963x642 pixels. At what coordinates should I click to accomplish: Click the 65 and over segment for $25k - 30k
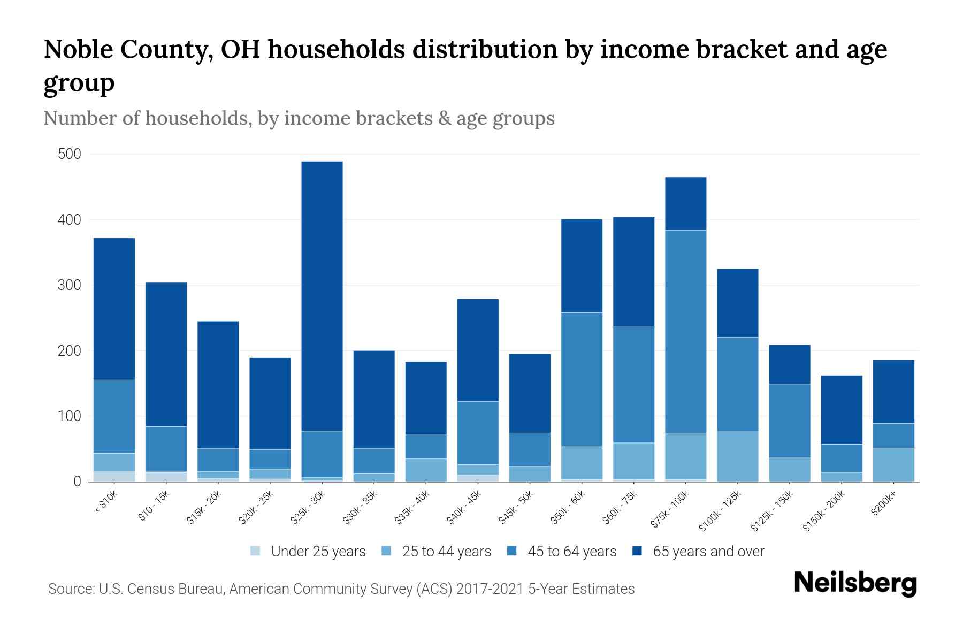coord(322,296)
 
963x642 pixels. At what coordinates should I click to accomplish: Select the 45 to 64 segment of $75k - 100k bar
coord(686,331)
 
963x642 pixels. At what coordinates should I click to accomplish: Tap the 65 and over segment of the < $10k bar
coord(114,309)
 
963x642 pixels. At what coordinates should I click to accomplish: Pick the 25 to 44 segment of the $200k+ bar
coord(893,464)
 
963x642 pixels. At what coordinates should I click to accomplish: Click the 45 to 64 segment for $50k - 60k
coord(582,379)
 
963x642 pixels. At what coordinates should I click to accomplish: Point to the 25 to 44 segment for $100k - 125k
coord(738,456)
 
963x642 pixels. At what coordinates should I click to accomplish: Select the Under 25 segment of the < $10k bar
coord(114,476)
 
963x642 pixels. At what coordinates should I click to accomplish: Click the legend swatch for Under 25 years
coord(256,551)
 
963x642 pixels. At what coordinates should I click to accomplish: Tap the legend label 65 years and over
coord(708,551)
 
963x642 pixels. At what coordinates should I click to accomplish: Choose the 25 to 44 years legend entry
coord(446,551)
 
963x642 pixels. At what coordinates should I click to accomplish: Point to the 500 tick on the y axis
coord(69,154)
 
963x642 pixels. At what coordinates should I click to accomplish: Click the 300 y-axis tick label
coord(69,285)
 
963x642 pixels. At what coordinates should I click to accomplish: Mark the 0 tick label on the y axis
coord(77,481)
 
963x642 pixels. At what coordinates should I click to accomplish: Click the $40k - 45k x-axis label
coord(465,507)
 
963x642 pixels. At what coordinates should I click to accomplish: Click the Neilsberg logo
coord(855,583)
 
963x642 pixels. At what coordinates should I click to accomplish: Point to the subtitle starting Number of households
coord(299,118)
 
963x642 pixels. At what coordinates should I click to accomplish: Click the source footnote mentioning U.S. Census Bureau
coord(341,589)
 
